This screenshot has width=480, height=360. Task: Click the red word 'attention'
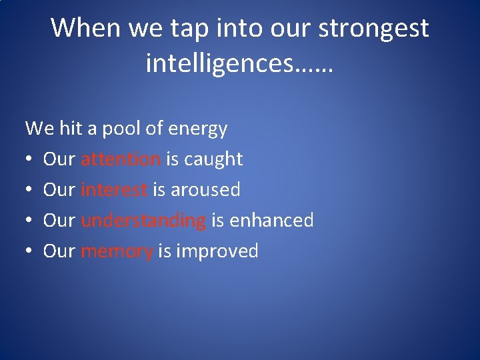(120, 159)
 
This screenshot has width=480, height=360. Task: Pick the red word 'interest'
(113, 190)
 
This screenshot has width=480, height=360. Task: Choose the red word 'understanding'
(143, 221)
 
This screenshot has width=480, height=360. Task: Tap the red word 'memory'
(117, 252)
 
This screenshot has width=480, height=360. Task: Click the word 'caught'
(213, 159)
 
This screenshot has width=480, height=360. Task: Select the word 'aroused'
(205, 190)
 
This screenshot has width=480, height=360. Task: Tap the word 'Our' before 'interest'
(59, 190)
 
